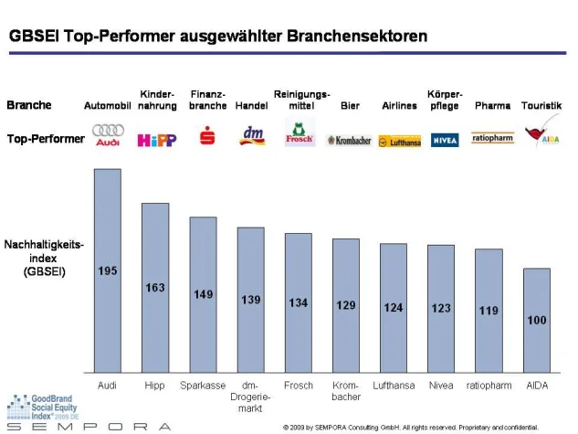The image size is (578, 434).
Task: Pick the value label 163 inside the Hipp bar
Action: click(x=155, y=288)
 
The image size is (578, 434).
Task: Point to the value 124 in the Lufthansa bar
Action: click(x=393, y=308)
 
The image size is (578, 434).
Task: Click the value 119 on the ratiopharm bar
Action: click(x=489, y=311)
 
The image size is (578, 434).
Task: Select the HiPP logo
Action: click(x=156, y=140)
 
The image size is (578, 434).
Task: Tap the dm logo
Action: click(x=250, y=136)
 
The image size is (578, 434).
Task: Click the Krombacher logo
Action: click(x=350, y=141)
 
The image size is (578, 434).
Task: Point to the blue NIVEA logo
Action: click(x=445, y=140)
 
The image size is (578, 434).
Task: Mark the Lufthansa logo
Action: click(x=398, y=142)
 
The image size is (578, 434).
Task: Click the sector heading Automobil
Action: click(x=108, y=106)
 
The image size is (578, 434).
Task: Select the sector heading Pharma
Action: click(x=492, y=106)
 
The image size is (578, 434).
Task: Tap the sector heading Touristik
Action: click(x=541, y=106)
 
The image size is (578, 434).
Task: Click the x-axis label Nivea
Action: click(x=440, y=386)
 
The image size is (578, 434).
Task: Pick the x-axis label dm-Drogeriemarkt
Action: click(x=250, y=397)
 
